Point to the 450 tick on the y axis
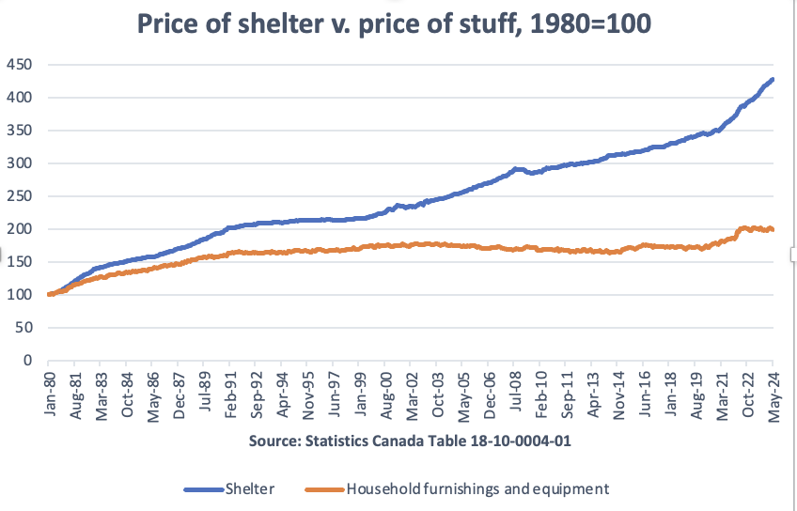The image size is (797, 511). point(20,65)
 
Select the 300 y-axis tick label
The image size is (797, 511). point(20,163)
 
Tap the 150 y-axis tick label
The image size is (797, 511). point(20,262)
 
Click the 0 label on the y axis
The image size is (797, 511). point(28,361)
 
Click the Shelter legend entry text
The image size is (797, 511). point(252,488)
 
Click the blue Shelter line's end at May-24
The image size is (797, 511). point(773,80)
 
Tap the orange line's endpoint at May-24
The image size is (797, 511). point(773,230)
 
